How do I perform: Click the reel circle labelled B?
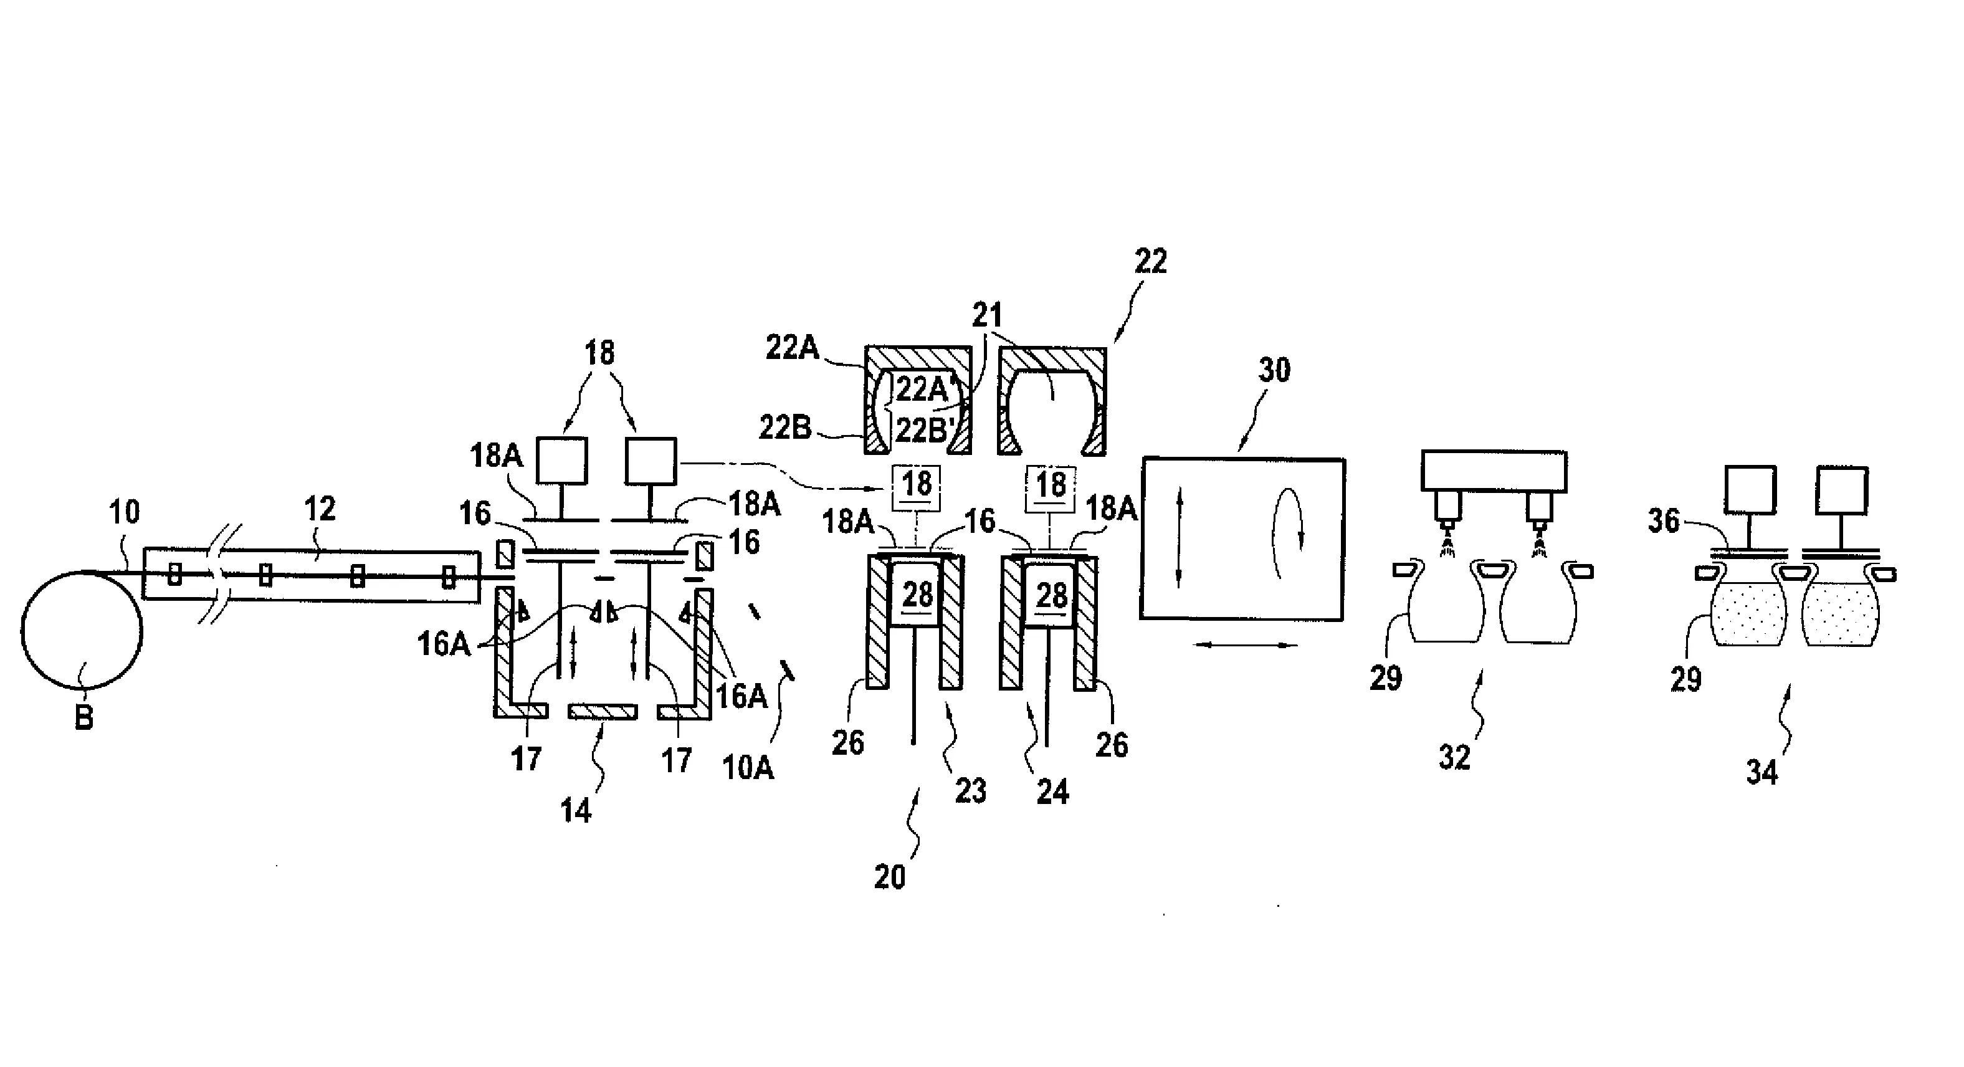[82, 630]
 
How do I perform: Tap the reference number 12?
[320, 509]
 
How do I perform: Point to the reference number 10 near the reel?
[124, 512]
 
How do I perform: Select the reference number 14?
[576, 811]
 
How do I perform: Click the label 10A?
[747, 767]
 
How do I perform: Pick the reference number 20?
[890, 877]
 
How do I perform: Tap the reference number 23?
[971, 791]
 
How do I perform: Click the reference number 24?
[1052, 792]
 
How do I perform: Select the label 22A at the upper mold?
[791, 348]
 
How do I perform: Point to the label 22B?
[784, 428]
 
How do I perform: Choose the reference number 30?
[1274, 371]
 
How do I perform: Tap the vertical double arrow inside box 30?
[1180, 538]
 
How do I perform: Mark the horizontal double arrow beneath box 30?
[1245, 645]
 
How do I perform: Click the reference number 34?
[1762, 773]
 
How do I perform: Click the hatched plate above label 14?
[603, 711]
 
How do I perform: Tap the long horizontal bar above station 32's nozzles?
[1494, 471]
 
